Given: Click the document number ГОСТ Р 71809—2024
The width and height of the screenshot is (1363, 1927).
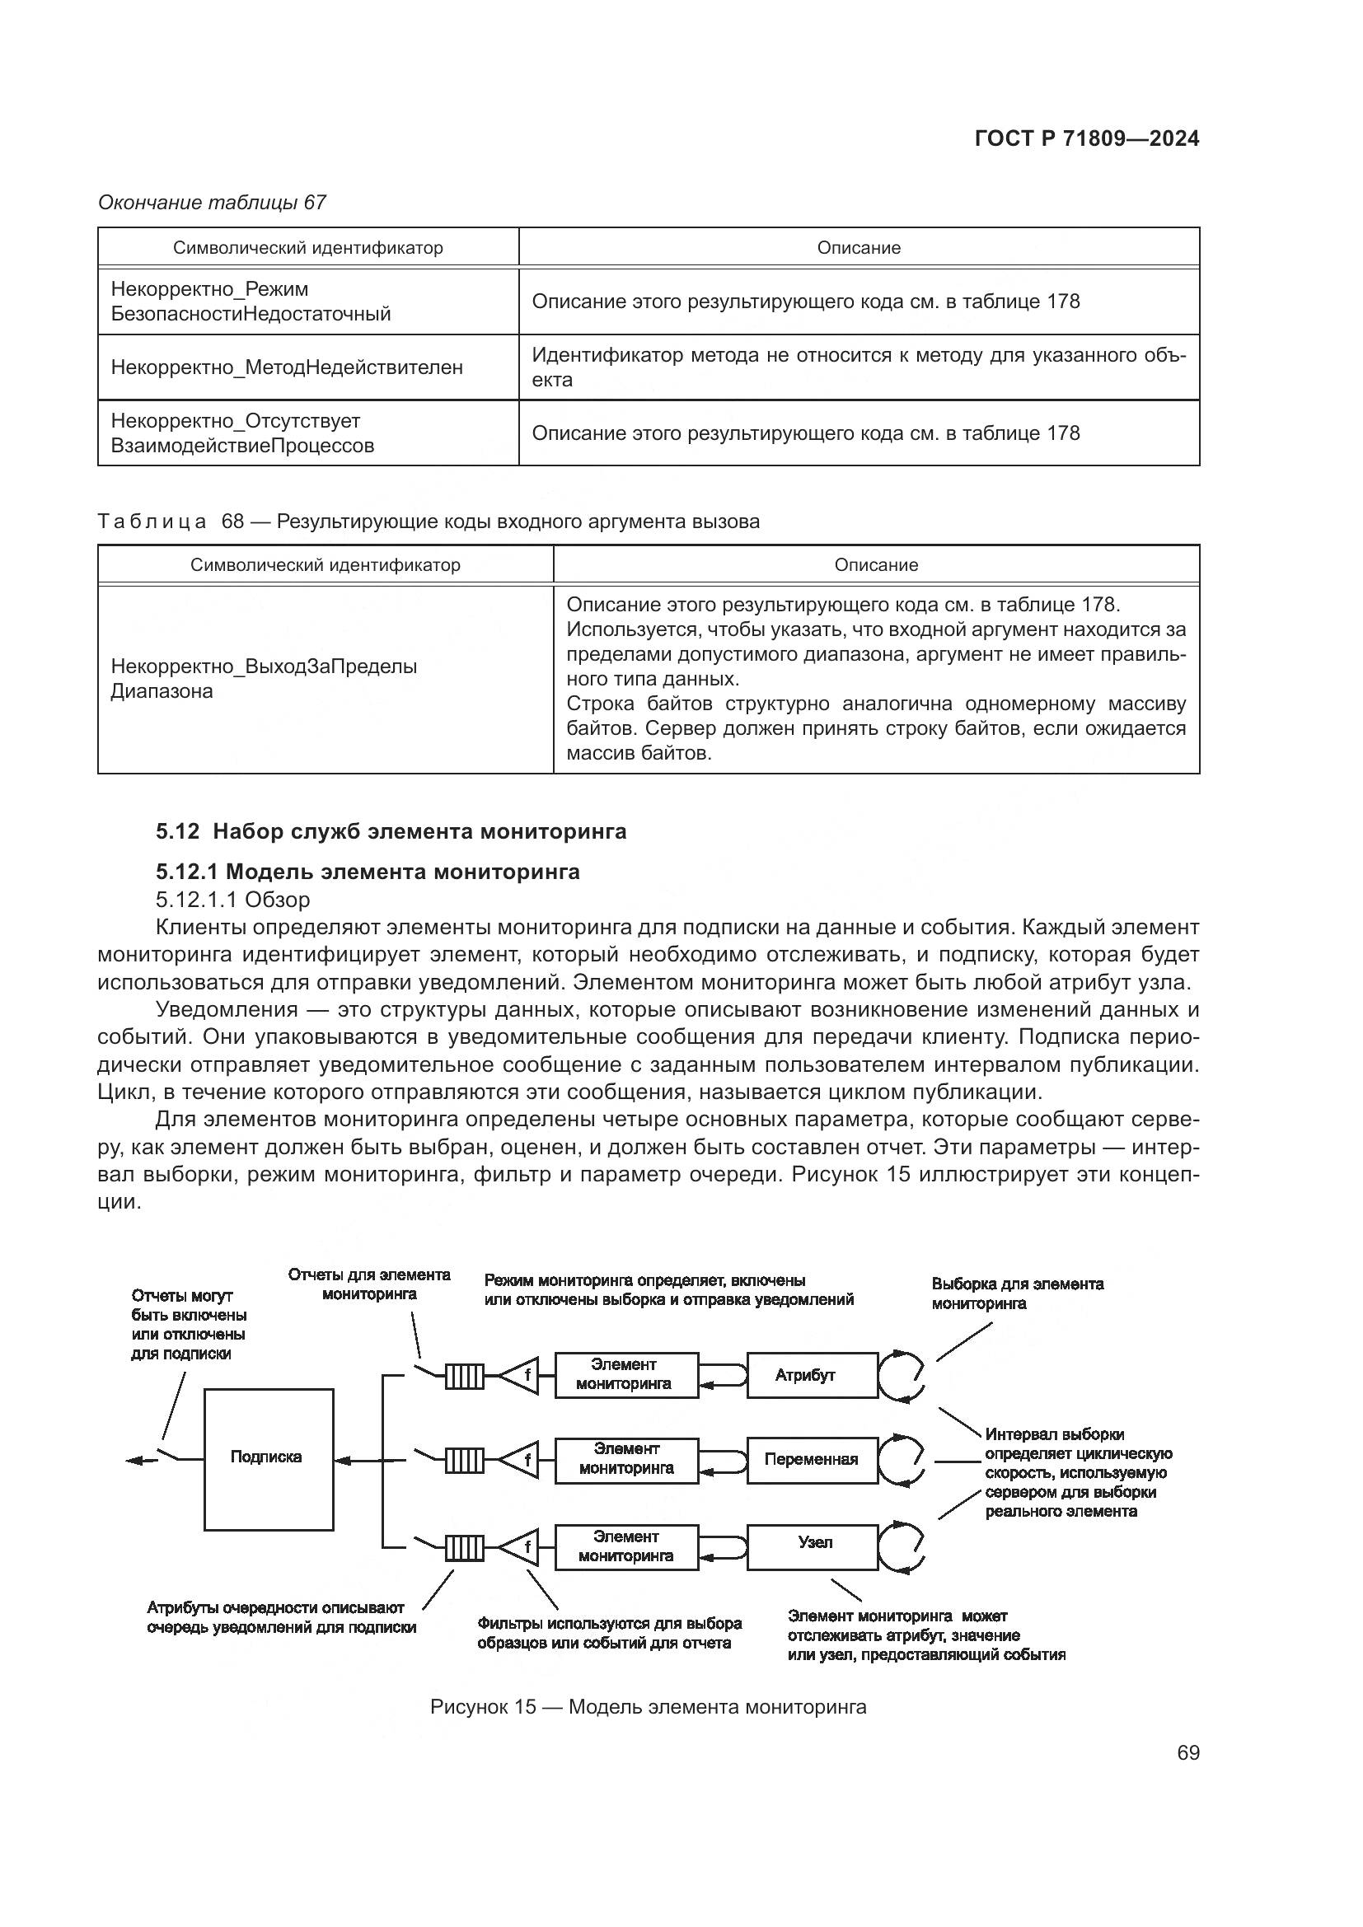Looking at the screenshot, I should [x=1086, y=139].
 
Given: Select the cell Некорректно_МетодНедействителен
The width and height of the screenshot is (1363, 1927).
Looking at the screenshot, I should [x=286, y=367].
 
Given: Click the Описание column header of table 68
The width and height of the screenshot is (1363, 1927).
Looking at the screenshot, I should [x=875, y=565].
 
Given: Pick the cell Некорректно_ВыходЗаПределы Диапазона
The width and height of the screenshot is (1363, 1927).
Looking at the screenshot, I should [x=264, y=679].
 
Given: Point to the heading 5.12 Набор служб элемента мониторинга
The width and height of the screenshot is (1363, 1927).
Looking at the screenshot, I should [x=391, y=832].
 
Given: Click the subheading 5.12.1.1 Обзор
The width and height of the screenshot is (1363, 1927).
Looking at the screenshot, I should [x=232, y=900].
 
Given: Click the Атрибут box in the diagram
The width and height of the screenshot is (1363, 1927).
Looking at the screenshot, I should [x=812, y=1376].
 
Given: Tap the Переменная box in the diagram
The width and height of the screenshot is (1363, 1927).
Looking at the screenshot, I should [x=812, y=1460].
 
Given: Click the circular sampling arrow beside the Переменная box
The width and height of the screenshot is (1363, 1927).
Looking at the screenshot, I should [x=902, y=1460].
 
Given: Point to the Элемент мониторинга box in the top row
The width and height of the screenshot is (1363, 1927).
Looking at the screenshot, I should [x=625, y=1375].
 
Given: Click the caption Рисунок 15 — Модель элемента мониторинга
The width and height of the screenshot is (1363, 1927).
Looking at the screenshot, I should [x=647, y=1707].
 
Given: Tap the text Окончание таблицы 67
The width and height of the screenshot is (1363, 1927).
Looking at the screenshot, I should [x=212, y=203].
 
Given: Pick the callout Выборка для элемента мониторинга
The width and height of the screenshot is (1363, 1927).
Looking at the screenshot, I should [x=1016, y=1293].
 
